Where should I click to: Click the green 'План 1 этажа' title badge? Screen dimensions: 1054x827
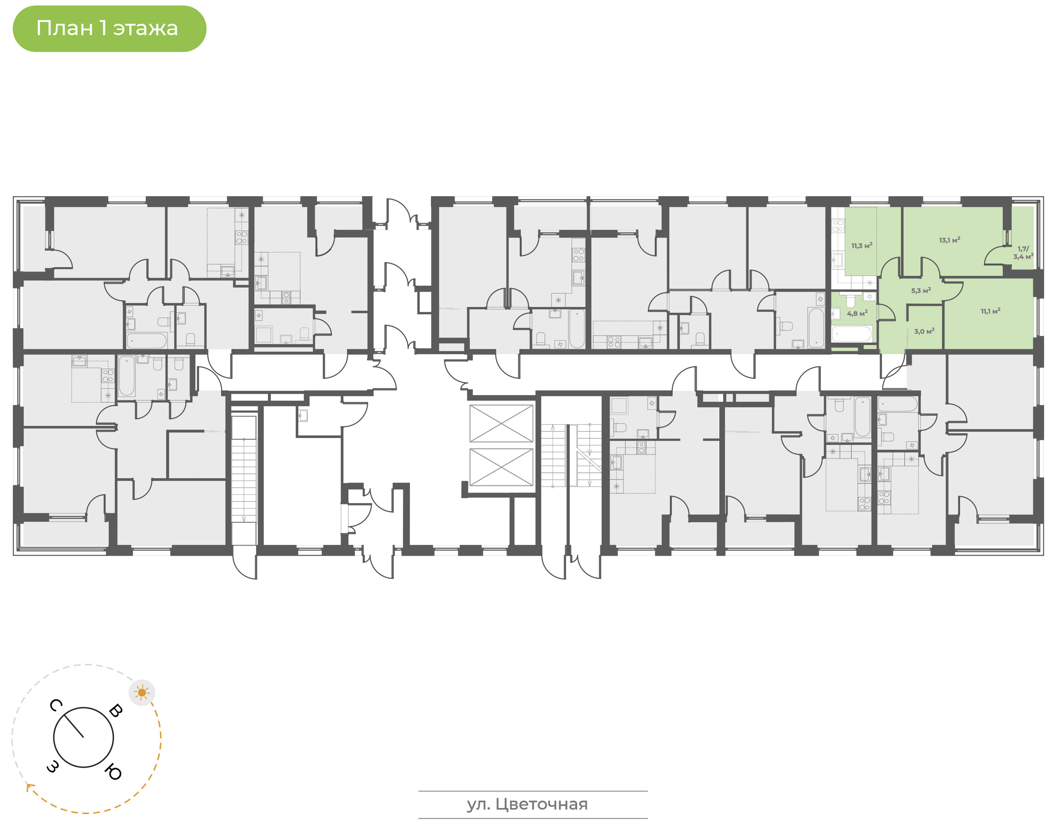click(109, 29)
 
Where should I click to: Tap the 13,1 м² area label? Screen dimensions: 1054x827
click(949, 240)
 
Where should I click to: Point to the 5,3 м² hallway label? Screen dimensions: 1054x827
click(921, 291)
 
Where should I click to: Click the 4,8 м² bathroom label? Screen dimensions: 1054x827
click(857, 313)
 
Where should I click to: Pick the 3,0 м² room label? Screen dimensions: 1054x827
click(924, 332)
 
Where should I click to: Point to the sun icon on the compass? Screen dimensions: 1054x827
click(142, 693)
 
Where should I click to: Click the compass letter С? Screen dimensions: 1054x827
click(56, 706)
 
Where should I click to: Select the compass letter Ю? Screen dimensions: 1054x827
click(113, 772)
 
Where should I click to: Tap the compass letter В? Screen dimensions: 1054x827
click(116, 710)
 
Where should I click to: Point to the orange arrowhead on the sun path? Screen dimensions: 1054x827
click(30, 787)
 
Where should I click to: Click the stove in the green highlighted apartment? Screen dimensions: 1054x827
click(838, 226)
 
